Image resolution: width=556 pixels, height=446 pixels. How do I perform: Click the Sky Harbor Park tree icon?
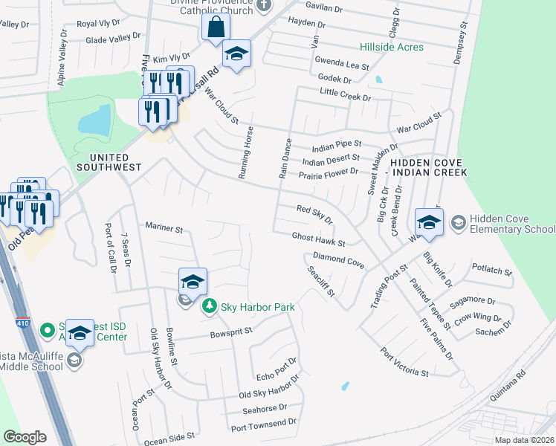pos(210,306)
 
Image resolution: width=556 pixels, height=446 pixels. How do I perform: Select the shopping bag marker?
pos(216,28)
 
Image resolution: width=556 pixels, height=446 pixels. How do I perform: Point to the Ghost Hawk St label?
pos(319,239)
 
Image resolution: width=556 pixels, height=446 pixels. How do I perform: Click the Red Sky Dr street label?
pos(315,214)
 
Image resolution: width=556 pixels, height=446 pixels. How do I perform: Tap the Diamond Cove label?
pos(338,259)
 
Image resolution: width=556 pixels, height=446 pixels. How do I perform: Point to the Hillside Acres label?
pos(392,48)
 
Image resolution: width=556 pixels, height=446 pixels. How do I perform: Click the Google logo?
pos(25,436)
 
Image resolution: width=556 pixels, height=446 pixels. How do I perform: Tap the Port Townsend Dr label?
pos(263,424)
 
